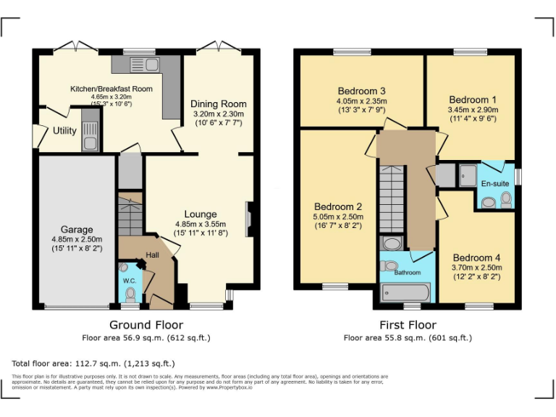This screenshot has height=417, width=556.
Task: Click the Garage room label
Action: coord(77,228)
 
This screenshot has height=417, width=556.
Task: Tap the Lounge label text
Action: coord(201,214)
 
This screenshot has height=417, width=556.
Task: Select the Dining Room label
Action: coord(219,104)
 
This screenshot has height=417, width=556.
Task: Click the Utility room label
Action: coord(65,131)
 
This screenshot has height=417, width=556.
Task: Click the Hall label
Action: coord(153,256)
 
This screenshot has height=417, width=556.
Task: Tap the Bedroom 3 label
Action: coord(362,91)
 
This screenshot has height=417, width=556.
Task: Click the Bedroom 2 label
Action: coord(337,207)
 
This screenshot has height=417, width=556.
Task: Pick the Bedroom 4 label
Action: coord(477,258)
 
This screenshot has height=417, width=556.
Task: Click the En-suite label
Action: coord(495,184)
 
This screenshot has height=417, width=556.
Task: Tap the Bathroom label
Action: coord(407,273)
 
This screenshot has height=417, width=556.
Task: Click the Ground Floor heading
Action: coord(146,325)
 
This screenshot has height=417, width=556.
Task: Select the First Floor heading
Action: coord(408,325)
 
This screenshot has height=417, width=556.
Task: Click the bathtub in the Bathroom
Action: coord(406,292)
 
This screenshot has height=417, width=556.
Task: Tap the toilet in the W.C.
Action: coord(130,295)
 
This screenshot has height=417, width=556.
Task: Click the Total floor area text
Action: coord(93,363)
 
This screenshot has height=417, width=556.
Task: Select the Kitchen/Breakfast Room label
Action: coord(111,88)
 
